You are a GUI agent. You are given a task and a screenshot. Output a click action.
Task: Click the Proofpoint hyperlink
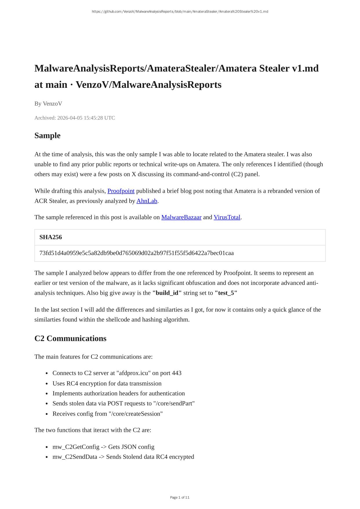[x=121, y=191]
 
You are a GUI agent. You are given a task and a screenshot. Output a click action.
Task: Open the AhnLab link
[x=147, y=201]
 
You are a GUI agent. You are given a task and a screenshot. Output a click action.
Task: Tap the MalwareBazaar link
[x=181, y=217]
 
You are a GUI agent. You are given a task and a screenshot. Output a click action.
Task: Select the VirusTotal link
[x=227, y=217]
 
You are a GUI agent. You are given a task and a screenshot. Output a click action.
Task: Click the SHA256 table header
[x=51, y=237]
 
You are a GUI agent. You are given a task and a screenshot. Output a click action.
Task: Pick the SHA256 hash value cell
[x=137, y=253]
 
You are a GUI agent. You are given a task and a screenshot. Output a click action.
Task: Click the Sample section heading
[x=48, y=136]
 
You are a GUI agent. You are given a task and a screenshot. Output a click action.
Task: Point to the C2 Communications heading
[x=70, y=339]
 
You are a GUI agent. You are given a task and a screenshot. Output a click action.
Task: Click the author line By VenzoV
[x=48, y=104]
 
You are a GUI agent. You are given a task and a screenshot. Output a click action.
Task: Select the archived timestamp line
[x=75, y=118]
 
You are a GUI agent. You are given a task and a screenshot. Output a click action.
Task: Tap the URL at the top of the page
[x=180, y=12]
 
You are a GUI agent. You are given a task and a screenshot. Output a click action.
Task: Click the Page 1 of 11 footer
[x=180, y=497]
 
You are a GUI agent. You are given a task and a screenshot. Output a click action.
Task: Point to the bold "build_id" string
[x=167, y=293]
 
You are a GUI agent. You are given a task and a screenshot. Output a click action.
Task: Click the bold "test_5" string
[x=226, y=293]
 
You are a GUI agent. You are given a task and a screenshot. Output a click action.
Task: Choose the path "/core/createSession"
[x=136, y=414]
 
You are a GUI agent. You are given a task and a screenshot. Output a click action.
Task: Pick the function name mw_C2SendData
[x=75, y=457]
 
